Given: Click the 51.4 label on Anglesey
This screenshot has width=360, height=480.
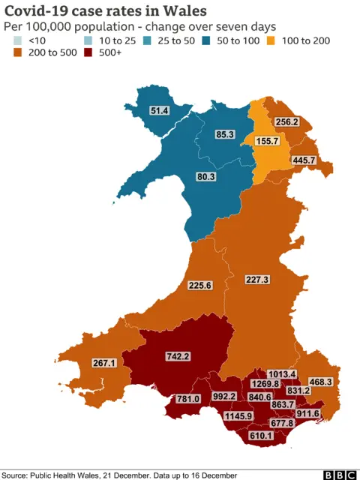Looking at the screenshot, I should click(160, 110).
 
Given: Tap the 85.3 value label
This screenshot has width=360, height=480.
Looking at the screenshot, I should click(224, 135).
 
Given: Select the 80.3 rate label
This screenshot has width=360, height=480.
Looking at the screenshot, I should click(205, 177).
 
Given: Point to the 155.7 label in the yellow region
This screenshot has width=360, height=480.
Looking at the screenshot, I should click(268, 141).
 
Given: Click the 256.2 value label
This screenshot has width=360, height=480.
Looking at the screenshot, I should click(286, 121).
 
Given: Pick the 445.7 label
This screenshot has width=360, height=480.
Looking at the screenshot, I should click(304, 160).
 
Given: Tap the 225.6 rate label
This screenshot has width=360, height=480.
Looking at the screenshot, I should click(199, 285).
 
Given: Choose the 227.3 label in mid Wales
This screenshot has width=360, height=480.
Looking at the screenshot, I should click(257, 279).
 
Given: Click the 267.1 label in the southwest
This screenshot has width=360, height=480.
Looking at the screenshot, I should click(103, 363).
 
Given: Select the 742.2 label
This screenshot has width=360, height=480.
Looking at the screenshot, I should click(178, 357).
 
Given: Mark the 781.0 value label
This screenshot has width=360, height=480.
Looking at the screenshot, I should click(188, 399).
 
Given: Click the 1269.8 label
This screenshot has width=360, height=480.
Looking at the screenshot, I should click(265, 383).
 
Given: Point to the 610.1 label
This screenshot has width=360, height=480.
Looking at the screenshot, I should click(262, 436).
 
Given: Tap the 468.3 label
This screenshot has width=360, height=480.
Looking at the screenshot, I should click(320, 382).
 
